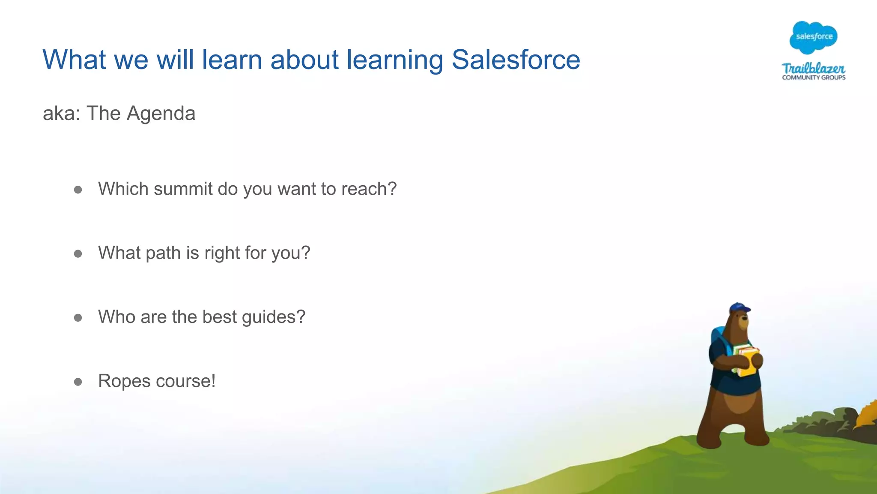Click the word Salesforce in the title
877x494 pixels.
pos(516,60)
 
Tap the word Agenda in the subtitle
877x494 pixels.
pos(161,114)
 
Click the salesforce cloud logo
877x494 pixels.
pos(814,37)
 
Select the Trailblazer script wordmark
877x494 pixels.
pos(813,68)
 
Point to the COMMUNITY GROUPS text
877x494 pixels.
pos(814,78)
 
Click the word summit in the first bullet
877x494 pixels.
pos(183,189)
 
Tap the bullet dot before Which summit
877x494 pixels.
pos(78,190)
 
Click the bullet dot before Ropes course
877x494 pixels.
pos(78,382)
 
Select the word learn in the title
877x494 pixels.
pos(232,60)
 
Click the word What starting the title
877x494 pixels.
pos(74,60)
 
